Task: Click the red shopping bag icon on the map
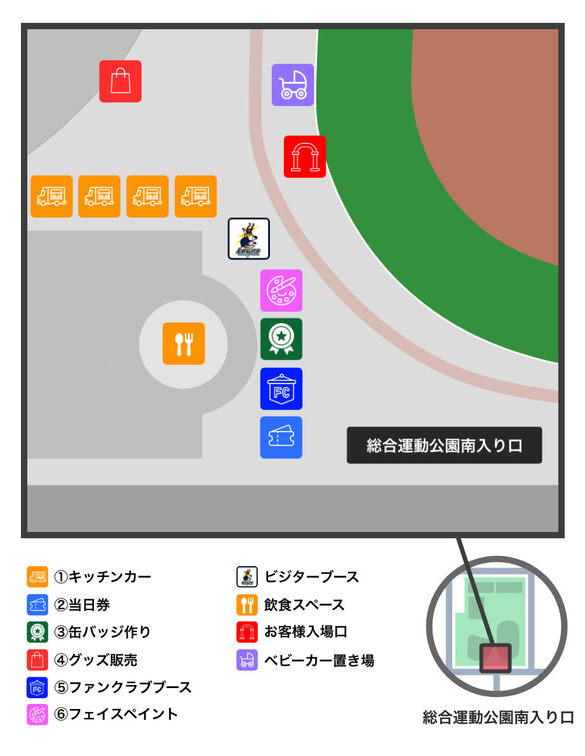pos(120,81)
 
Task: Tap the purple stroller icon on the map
pos(293,84)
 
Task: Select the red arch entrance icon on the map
pos(305,157)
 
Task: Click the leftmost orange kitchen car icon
pos(51,197)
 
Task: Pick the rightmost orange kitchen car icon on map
pos(196,197)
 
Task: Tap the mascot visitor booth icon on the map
pos(249,239)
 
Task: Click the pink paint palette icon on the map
pos(281,291)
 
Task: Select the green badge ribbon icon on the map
pos(281,339)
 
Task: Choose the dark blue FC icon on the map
pos(281,388)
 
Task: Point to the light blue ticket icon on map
pos(281,437)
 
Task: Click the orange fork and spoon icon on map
pos(184,343)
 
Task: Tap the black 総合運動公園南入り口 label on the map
pos(444,446)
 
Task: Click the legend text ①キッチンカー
pos(103,577)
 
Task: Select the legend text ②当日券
pos(83,605)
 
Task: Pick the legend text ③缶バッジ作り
pos(103,632)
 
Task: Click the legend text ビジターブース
pos(311,577)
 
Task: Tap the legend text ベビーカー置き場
pos(319,661)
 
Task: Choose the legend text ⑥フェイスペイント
pos(116,714)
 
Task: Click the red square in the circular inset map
pos(495,658)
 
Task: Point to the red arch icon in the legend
pos(247,632)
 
